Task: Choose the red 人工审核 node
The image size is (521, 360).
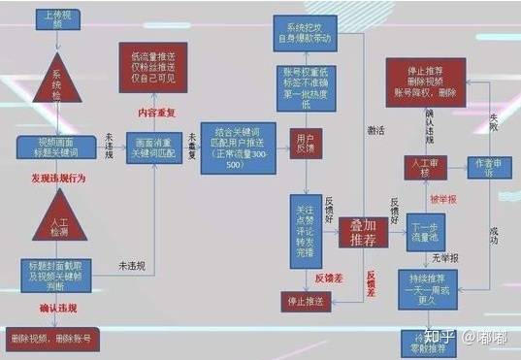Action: click(x=424, y=168)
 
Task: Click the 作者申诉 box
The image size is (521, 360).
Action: click(x=483, y=168)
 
